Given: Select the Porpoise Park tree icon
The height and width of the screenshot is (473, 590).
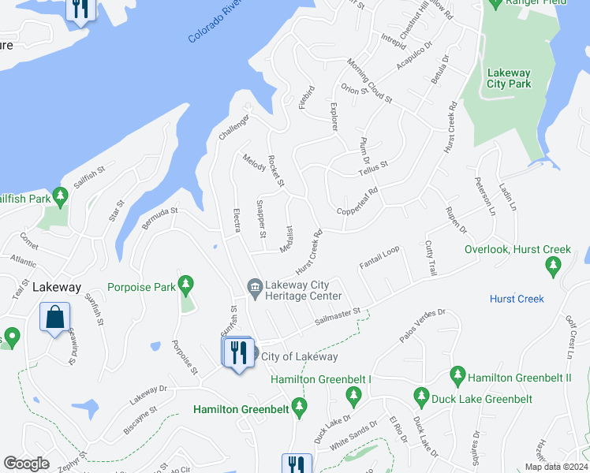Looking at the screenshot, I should tap(185, 283).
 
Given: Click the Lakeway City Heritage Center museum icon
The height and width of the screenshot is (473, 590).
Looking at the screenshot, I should tap(255, 286).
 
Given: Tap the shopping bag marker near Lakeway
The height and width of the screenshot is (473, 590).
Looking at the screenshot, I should tap(55, 318).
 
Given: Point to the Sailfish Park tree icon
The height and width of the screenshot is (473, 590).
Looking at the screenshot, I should tap(59, 195).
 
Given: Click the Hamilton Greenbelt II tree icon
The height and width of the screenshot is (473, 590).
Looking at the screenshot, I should tap(457, 373).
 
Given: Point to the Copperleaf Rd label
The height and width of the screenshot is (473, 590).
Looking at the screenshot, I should tap(358, 201).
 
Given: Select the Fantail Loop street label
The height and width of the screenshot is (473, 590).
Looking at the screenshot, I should tap(379, 258).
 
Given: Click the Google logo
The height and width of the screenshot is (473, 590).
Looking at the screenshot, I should tap(26, 464).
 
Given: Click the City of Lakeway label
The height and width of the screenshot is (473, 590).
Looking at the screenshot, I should tap(299, 356).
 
